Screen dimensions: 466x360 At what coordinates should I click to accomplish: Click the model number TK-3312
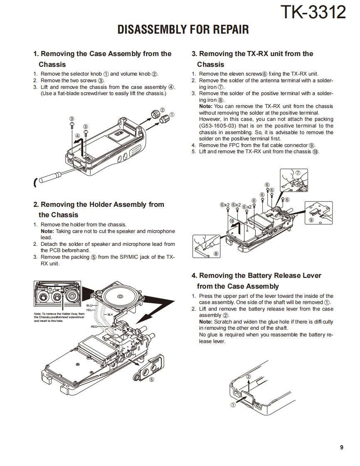coord(313,12)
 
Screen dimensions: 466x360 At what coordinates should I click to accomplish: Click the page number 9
coord(341,447)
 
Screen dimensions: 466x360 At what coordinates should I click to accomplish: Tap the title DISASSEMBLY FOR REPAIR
coord(183,30)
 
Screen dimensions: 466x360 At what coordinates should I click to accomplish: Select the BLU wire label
coord(89,306)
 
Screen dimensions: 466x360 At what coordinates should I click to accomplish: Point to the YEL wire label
coord(89,310)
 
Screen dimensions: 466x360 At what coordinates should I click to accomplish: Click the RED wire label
coord(94,327)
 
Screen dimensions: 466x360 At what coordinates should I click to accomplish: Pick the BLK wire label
coord(110,314)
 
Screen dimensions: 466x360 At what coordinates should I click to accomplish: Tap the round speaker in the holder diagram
coord(121,297)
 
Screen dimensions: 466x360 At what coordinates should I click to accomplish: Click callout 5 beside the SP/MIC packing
coord(151,379)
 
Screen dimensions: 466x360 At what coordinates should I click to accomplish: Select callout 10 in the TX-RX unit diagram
coord(232,221)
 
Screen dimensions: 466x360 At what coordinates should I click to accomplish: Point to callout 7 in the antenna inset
coord(298,172)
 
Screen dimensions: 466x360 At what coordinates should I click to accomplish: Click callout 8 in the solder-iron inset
coord(216,254)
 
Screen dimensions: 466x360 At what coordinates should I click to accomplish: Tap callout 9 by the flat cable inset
coord(311,221)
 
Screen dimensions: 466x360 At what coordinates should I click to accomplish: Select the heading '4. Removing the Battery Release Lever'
coord(256,275)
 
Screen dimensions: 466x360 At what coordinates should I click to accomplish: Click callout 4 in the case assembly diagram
coord(77,136)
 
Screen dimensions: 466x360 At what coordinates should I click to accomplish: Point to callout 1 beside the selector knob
coord(172,115)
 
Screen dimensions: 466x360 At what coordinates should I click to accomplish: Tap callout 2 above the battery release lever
coord(249,376)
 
